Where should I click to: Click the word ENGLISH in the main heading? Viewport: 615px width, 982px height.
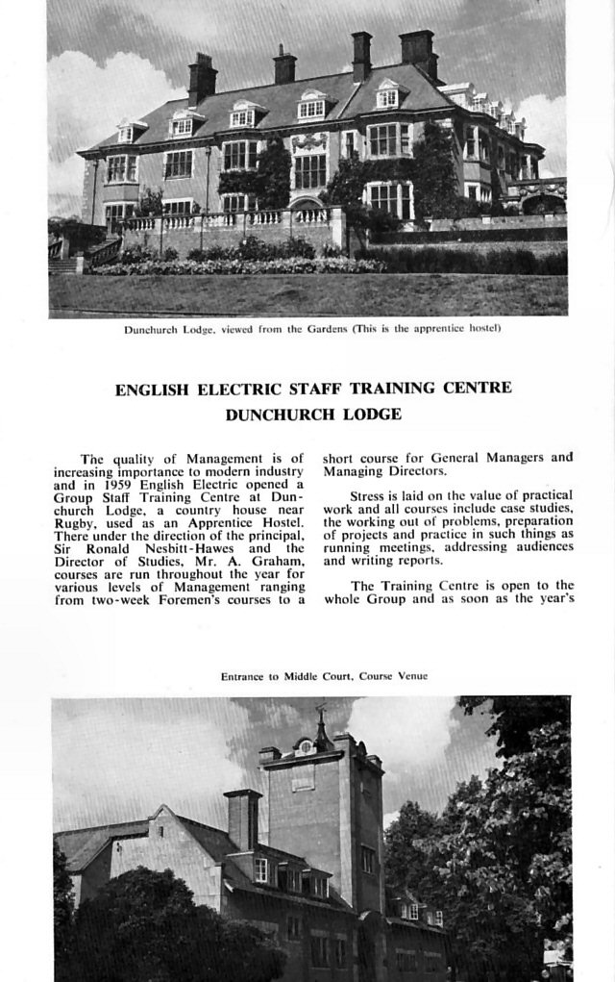pyautogui.click(x=153, y=390)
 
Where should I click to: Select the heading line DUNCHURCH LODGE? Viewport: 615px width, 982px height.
pyautogui.click(x=313, y=415)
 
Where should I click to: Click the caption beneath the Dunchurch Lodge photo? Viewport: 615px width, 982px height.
pyautogui.click(x=312, y=329)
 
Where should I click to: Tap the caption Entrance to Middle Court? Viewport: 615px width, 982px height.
pyautogui.click(x=324, y=676)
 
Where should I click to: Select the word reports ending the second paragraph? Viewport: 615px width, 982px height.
pyautogui.click(x=417, y=560)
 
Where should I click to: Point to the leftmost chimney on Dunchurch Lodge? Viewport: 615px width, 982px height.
pyautogui.click(x=202, y=77)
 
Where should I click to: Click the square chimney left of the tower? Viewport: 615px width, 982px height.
pyautogui.click(x=242, y=818)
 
